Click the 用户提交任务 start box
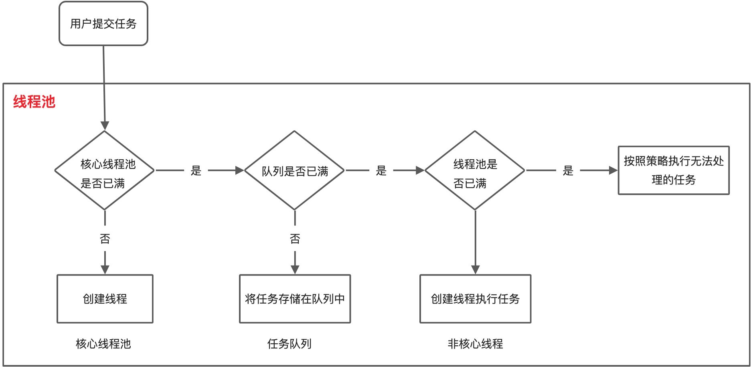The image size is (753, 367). tap(103, 24)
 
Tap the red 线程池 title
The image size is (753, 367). tap(34, 102)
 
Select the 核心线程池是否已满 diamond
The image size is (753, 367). tap(105, 170)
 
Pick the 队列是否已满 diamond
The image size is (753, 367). tap(295, 170)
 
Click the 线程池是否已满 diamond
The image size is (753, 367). tap(475, 170)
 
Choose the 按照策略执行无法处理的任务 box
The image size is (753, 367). tap(674, 170)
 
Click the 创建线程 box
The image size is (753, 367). tap(105, 299)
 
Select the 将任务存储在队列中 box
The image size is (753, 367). tap(295, 299)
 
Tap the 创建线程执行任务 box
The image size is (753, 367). tap(475, 299)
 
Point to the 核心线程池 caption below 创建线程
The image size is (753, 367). tap(103, 344)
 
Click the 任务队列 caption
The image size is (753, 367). tap(289, 344)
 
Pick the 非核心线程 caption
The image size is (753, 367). tap(475, 344)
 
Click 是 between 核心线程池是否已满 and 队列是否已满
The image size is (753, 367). tap(196, 171)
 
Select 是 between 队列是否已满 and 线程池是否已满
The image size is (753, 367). tap(381, 171)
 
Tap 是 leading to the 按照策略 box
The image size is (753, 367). tap(568, 171)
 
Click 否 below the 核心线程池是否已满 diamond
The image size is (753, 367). tap(105, 239)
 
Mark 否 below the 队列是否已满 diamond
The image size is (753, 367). tap(295, 239)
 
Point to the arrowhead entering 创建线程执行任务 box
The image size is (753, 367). tap(476, 270)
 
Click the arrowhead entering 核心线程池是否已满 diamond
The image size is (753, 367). tap(105, 126)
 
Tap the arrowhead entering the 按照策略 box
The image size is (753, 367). tap(613, 170)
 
